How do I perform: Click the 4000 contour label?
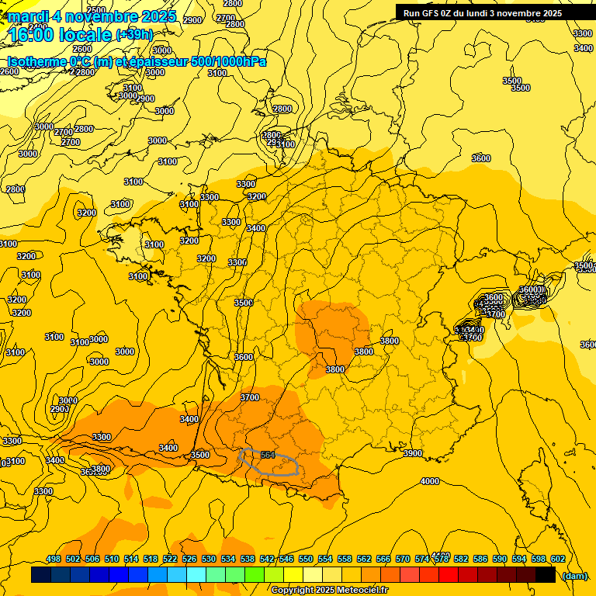pos(429,481)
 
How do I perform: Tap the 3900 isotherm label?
pos(413,453)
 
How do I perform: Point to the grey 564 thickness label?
pos(269,455)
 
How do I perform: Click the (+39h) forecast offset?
pos(134,35)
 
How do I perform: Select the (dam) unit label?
pos(574,575)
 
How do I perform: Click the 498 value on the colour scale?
pos(54,559)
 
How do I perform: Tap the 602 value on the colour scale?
pos(557,559)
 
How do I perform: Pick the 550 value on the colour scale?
pos(306,559)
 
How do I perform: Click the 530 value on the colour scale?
pos(209,559)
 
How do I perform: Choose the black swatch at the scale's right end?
pos(546,575)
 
